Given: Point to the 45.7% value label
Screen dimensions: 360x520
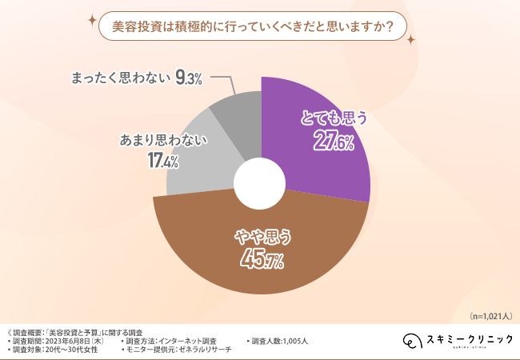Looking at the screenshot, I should point(260,258).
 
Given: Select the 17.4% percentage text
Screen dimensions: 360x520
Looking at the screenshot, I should point(162,161).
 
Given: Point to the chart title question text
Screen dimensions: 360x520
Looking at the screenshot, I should point(250,26).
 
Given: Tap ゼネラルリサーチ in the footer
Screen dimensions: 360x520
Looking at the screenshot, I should point(210,350).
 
